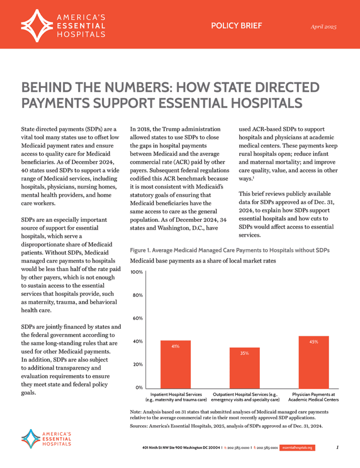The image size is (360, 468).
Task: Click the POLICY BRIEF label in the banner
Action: pos(236,26)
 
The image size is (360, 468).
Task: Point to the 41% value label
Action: pos(175,347)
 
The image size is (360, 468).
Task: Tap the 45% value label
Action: pos(313,342)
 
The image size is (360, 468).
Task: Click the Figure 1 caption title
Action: pos(230,251)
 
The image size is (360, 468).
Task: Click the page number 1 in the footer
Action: pos(337,447)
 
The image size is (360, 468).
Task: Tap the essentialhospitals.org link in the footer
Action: pos(297,448)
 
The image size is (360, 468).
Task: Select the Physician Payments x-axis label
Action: pos(313,397)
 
